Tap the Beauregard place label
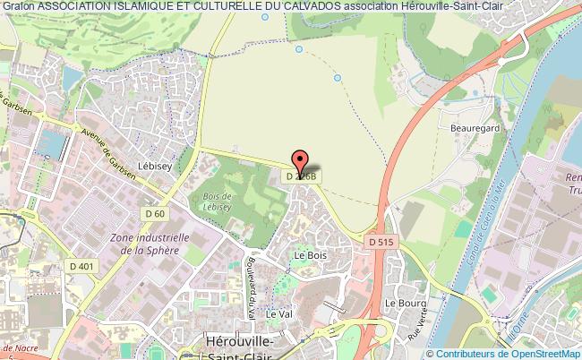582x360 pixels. (476, 128)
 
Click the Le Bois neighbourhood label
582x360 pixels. (307, 255)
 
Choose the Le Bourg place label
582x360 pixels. (402, 303)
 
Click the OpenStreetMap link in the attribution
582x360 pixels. (540, 353)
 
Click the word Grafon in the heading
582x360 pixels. (17, 7)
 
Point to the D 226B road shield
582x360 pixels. (300, 177)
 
